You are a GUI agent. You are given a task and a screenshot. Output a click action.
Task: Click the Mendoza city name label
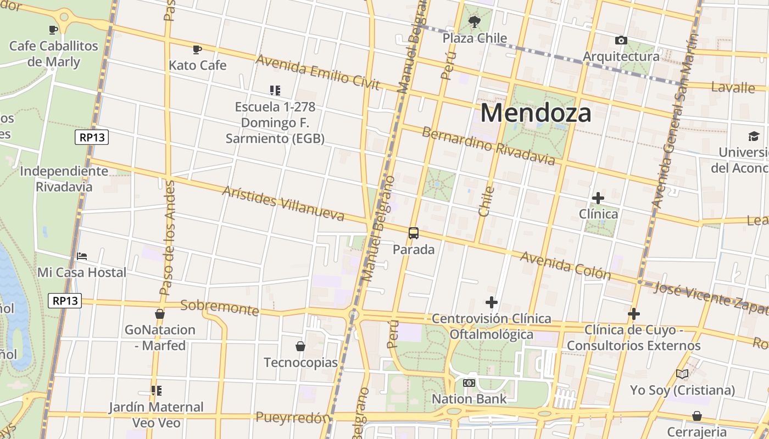click(x=536, y=113)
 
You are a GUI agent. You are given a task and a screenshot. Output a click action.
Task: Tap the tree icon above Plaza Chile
click(x=474, y=22)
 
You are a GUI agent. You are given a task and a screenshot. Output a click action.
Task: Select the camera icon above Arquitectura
click(x=621, y=40)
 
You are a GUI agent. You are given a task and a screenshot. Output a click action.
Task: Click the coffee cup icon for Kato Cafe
click(x=197, y=49)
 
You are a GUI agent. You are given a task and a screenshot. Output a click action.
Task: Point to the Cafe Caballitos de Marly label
click(x=53, y=54)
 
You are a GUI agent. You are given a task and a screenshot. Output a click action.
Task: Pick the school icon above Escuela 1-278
click(x=275, y=90)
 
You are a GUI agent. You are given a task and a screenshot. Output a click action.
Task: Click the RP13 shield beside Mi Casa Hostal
click(x=66, y=301)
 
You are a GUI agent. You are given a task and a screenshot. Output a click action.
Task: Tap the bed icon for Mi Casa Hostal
click(x=82, y=256)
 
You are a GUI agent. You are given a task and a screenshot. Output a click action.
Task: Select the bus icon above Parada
click(x=414, y=233)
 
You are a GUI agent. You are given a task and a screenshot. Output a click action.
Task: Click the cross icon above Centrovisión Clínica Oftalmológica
click(x=492, y=302)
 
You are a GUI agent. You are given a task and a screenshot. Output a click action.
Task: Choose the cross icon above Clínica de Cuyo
click(x=634, y=314)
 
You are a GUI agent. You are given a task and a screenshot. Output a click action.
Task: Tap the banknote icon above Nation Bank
click(x=469, y=383)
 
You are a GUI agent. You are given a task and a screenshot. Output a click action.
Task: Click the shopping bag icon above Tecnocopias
click(x=300, y=346)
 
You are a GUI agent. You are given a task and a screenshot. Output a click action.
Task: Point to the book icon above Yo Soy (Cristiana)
click(x=682, y=374)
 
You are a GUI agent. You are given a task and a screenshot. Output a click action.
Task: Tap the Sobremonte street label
click(x=220, y=307)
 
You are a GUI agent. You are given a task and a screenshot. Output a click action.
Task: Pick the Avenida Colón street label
click(x=565, y=265)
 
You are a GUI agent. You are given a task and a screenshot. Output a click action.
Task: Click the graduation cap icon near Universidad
click(x=753, y=136)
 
